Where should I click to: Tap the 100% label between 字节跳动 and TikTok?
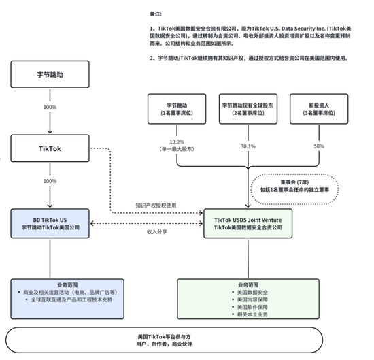tap(50, 108)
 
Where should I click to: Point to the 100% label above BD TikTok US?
tap(50, 180)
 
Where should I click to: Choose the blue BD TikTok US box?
tap(51, 223)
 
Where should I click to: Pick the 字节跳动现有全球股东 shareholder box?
tap(248, 110)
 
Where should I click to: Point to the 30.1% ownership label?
tap(248, 146)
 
